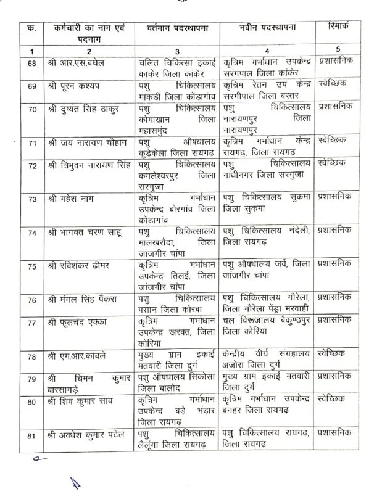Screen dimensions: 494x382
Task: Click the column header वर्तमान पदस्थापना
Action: point(176,28)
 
